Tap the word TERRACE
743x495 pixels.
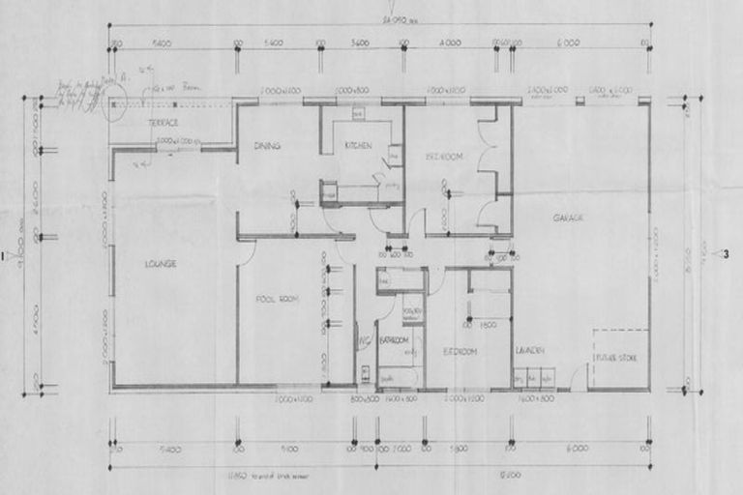(x=163, y=123)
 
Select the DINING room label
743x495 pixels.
(x=267, y=146)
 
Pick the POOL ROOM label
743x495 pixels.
(x=276, y=300)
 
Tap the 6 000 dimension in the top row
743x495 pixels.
(x=567, y=44)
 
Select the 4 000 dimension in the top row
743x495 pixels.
(x=449, y=44)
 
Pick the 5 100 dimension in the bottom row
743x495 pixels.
(x=287, y=449)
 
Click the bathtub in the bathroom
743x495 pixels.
(x=398, y=376)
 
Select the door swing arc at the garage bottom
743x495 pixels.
(x=579, y=380)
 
